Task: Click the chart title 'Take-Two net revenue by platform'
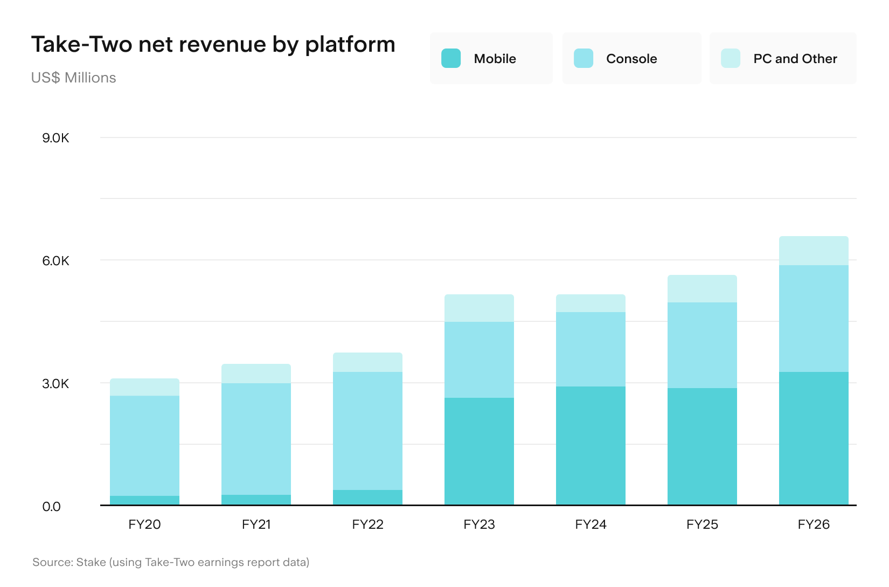coord(213,45)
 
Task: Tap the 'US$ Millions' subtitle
coord(73,78)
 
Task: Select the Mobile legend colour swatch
coord(451,58)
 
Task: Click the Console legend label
coord(631,59)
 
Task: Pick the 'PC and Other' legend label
coord(795,59)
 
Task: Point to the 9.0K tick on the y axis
coord(55,138)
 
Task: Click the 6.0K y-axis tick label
coord(55,261)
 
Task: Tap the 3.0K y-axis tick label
coord(55,384)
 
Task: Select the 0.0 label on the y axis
coord(52,506)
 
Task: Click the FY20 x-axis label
coord(144,524)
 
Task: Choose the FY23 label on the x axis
coord(479,524)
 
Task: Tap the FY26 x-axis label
coord(814,524)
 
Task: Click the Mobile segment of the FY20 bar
coord(144,500)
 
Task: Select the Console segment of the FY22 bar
coord(367,431)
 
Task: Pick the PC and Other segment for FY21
coord(256,374)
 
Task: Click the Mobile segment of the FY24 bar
coord(591,446)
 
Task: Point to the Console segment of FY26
coord(814,319)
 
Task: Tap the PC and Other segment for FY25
coord(702,289)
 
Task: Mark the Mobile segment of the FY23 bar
coord(479,451)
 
